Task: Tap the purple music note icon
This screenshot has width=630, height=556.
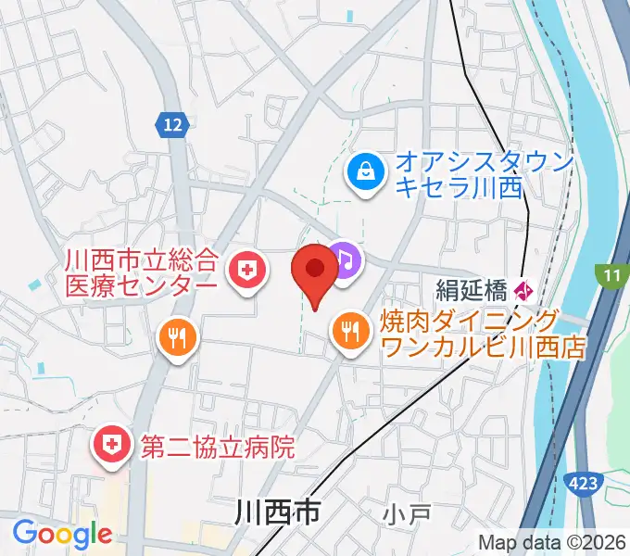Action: [x=345, y=260]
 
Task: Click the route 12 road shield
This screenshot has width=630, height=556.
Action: [x=172, y=124]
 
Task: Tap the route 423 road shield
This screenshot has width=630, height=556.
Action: [x=583, y=483]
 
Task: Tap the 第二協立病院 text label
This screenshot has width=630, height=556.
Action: [x=218, y=448]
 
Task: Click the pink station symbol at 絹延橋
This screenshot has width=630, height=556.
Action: [x=523, y=291]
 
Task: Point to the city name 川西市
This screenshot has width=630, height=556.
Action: [x=277, y=511]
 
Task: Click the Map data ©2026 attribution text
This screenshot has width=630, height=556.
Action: [x=552, y=542]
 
